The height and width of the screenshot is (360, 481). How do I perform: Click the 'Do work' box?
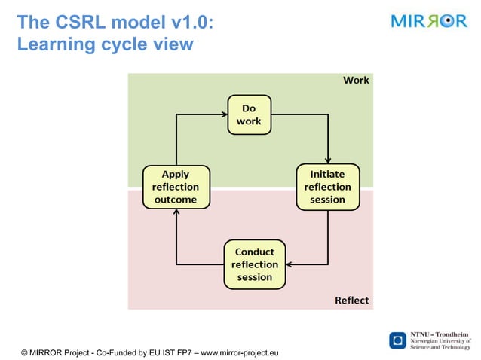point(249,114)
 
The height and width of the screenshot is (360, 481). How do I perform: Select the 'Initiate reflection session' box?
point(327,187)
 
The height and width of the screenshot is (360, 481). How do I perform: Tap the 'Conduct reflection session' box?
point(255,264)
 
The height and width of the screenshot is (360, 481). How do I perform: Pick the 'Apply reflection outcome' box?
point(176,187)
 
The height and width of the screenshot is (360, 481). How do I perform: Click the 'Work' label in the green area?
point(356,80)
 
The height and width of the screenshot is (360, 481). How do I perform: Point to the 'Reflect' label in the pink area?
point(351,301)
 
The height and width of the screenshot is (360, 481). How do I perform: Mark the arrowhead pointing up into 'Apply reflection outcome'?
point(176,214)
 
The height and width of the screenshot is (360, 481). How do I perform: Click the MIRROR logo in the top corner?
point(429,21)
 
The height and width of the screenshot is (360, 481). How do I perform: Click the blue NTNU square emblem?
point(397,340)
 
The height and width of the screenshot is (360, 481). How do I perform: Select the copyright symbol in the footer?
point(25,352)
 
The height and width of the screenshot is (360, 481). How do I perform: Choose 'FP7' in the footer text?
point(182,352)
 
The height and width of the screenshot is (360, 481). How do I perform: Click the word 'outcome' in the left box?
point(176,200)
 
